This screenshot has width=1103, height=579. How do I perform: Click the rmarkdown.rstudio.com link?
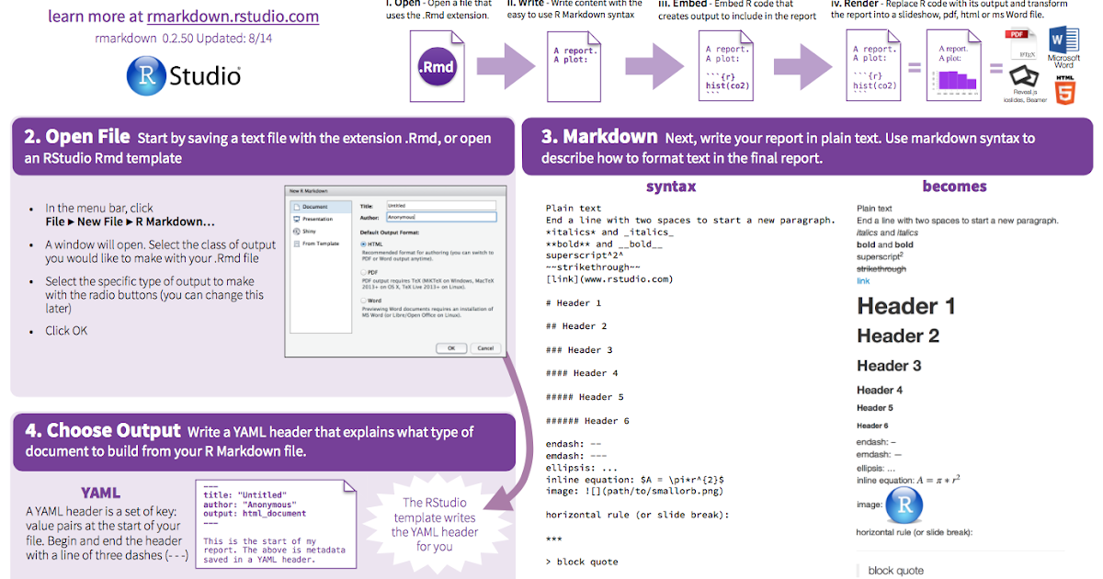pos(233,16)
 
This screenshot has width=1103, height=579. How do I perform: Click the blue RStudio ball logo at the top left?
pos(145,74)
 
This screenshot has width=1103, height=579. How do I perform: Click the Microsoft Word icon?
pos(1063,46)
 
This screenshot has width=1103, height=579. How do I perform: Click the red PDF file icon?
pos(1020,44)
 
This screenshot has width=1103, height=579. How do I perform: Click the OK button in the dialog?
pos(451,348)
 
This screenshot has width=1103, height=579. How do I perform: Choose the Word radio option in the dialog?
pos(364,301)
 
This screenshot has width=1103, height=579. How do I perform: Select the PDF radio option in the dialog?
pos(364,273)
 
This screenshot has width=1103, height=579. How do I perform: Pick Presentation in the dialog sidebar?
pos(318,220)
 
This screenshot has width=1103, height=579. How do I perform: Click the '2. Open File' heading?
pos(77,137)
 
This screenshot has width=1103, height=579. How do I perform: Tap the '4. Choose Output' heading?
pos(102,430)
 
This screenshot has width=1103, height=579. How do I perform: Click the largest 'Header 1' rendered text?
pos(905,306)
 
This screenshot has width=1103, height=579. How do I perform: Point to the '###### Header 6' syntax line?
pos(587,421)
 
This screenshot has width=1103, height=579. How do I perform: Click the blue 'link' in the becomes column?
pos(863,281)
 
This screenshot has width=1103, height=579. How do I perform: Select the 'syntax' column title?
pos(670,187)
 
